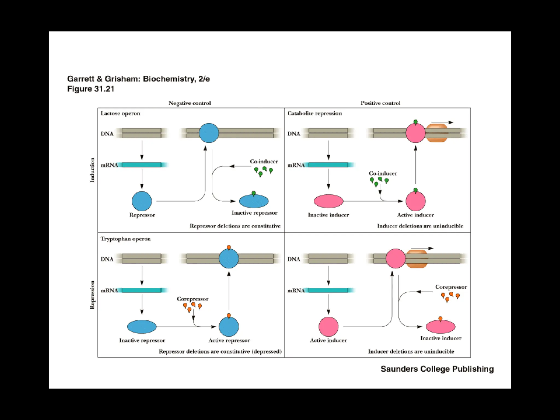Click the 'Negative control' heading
click(x=189, y=103)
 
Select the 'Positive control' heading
click(x=380, y=103)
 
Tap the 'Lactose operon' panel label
click(x=120, y=113)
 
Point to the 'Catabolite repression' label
click(x=314, y=113)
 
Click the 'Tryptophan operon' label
click(x=126, y=239)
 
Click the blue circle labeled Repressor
click(x=142, y=201)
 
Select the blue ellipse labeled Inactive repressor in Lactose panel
click(x=254, y=202)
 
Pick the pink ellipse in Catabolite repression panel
click(x=328, y=201)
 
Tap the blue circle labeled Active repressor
click(x=229, y=326)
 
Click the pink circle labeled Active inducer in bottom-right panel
click(x=328, y=326)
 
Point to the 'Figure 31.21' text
click(x=91, y=89)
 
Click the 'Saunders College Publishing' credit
click(x=437, y=369)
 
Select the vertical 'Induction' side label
click(x=92, y=170)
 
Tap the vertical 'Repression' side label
click(x=92, y=295)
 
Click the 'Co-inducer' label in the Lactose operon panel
click(x=264, y=162)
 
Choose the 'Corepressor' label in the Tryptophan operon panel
click(x=192, y=299)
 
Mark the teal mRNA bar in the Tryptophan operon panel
click(x=142, y=290)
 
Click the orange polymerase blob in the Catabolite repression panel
click(x=437, y=133)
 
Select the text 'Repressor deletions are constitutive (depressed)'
click(x=220, y=351)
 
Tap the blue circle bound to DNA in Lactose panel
click(x=209, y=133)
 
